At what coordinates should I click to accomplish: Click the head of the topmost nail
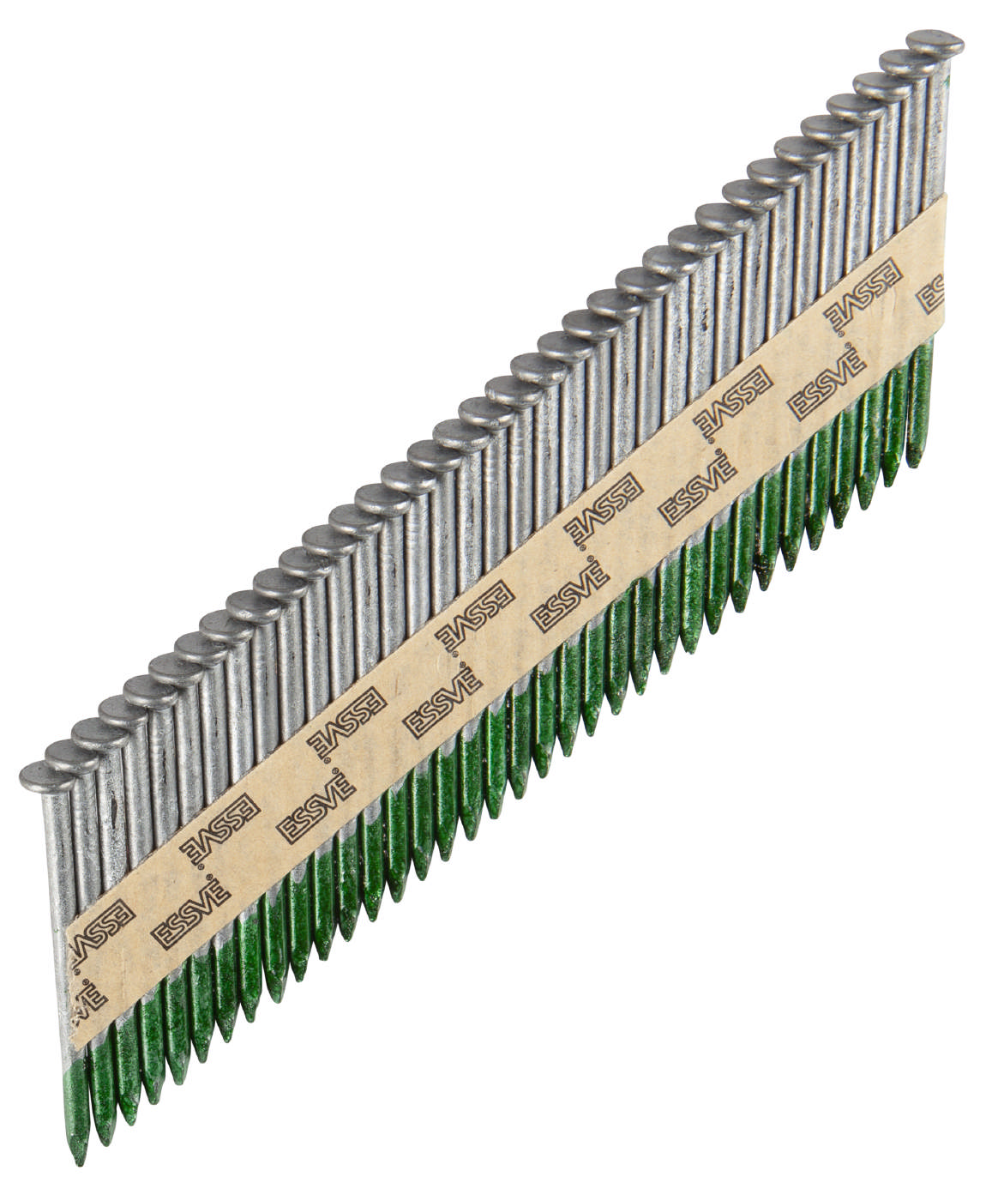935,43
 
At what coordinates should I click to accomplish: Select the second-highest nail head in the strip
909,63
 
